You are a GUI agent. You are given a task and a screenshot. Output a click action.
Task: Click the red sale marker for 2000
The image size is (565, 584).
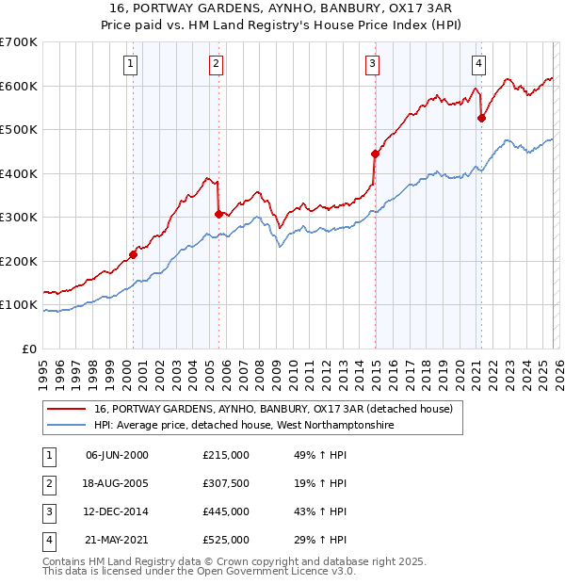[x=133, y=254]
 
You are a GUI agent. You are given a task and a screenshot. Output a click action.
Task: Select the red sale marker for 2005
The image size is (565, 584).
[x=218, y=214]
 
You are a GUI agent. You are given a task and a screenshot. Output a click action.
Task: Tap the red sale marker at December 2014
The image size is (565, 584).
[x=375, y=154]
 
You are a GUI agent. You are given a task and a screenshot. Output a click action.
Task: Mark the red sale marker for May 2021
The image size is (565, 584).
[x=481, y=118]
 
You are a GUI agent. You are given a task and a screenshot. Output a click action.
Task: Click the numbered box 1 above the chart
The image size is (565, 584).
[x=129, y=64]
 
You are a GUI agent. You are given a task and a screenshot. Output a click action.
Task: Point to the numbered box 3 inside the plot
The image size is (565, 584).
[x=372, y=64]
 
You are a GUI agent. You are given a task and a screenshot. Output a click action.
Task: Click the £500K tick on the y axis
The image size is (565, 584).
[x=19, y=130]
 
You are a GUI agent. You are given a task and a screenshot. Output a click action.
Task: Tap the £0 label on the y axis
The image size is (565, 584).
[x=28, y=349]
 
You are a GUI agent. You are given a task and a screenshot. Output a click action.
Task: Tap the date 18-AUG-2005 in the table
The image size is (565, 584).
[x=117, y=483]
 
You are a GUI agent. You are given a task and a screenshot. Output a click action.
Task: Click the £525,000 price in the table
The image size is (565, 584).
[x=226, y=540]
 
